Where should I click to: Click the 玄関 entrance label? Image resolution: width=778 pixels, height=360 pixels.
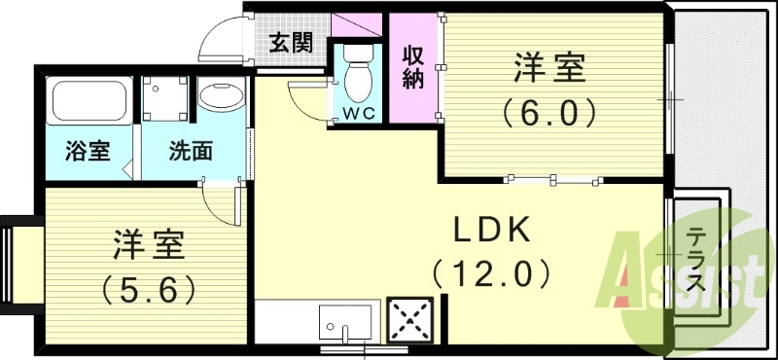pos(291,43)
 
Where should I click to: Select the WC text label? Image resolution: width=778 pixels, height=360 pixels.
pos(359,114)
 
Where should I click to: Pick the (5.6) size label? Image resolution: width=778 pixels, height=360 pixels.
pos(151,287)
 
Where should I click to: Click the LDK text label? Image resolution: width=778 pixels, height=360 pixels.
pos(493,231)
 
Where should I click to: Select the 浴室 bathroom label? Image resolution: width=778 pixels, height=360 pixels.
pos(88,152)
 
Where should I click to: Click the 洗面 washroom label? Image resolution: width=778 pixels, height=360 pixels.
pos(191,152)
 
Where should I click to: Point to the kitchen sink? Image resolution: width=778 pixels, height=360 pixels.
pos(345,321)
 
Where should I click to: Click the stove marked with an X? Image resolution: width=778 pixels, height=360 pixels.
pos(409,319)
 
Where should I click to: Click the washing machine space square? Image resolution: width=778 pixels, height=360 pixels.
pos(165,97)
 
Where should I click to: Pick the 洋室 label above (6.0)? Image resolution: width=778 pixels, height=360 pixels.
pos(549,71)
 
